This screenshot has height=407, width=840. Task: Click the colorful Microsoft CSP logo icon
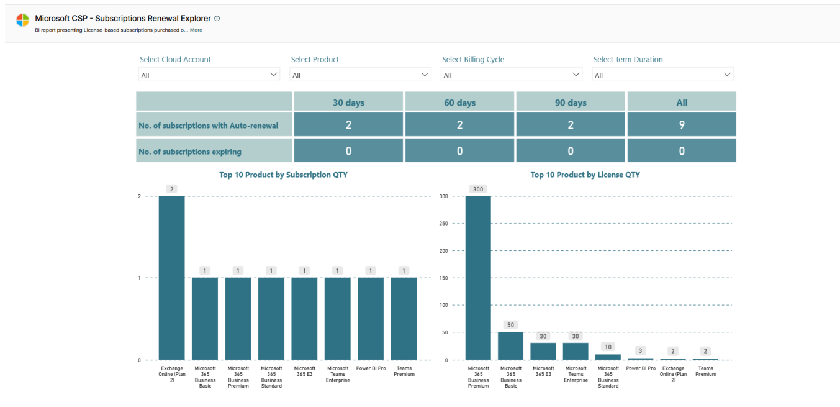(22, 21)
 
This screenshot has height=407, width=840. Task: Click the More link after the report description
(196, 30)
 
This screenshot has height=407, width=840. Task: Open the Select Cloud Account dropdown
(209, 75)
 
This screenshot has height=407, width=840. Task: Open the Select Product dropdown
(360, 75)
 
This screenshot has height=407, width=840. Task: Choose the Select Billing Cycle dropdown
(511, 75)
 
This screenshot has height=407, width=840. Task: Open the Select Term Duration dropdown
(662, 75)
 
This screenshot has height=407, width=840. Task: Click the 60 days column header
(459, 103)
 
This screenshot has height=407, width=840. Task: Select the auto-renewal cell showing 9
(681, 125)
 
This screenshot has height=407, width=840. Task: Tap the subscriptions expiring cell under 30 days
(348, 151)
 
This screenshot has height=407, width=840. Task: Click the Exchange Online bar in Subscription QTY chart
(171, 278)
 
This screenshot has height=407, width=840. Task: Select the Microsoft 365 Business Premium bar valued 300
(478, 278)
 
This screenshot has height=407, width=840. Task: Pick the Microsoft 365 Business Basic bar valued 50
(510, 346)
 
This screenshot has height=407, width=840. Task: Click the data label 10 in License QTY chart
(608, 347)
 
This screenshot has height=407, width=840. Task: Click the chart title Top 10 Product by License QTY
(585, 175)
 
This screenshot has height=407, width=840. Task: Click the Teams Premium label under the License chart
(705, 371)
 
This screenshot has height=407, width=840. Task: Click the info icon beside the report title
(217, 19)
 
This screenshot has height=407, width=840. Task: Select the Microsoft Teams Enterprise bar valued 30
(576, 352)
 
